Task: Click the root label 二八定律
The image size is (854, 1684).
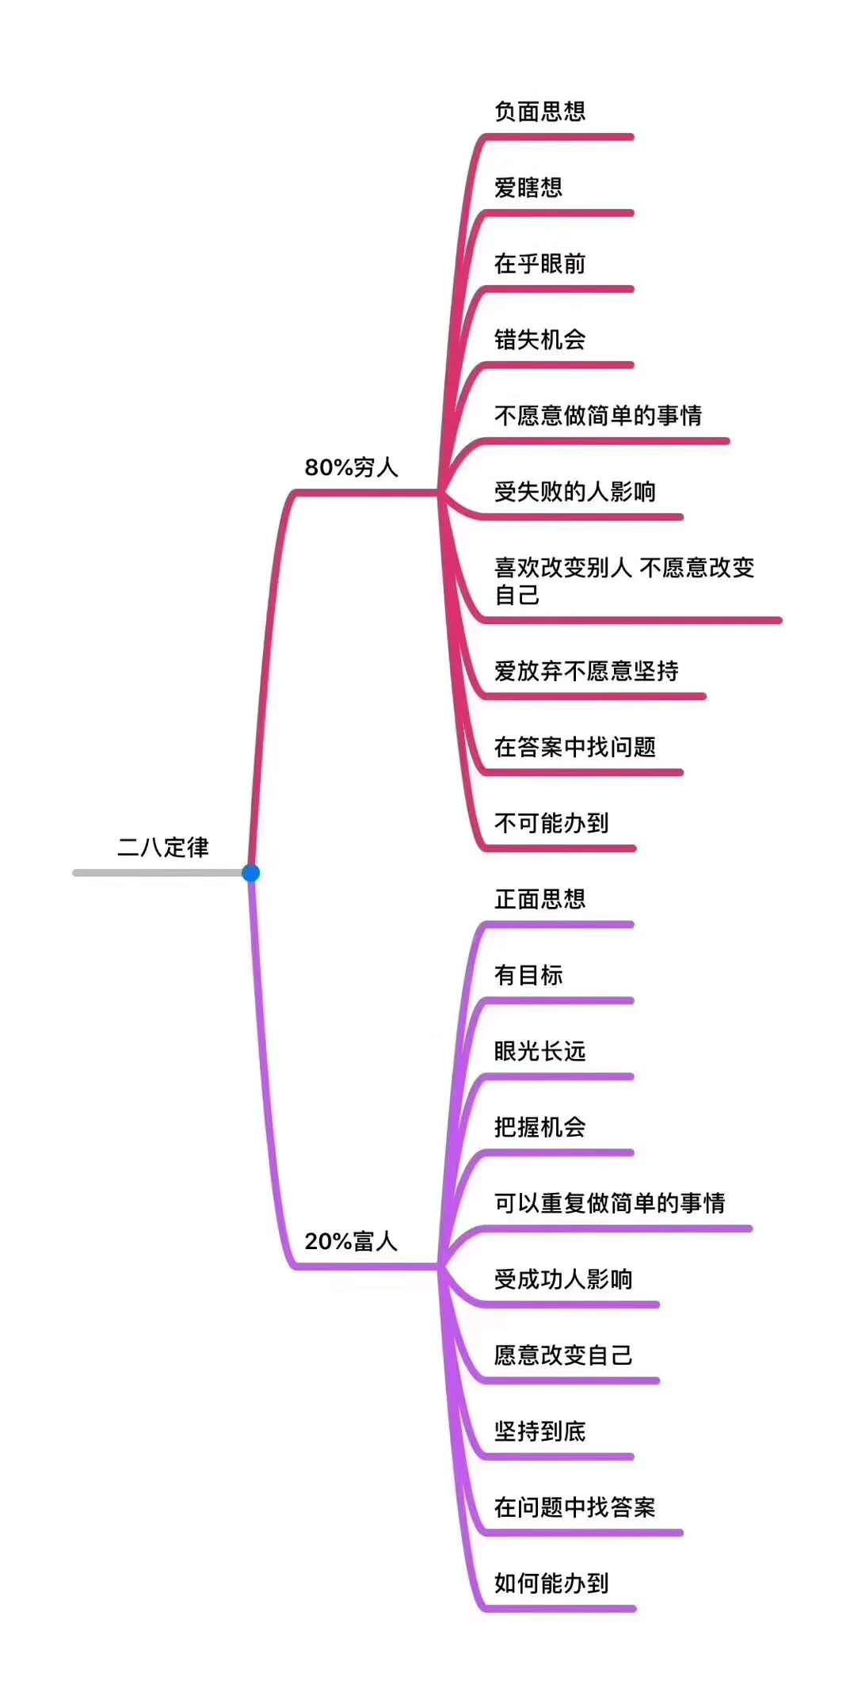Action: tap(163, 848)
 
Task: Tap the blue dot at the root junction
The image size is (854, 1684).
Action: tap(251, 873)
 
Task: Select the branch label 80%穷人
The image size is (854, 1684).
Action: tap(351, 467)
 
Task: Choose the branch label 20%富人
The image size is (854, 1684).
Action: tap(351, 1241)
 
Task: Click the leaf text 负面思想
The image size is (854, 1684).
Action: tap(539, 112)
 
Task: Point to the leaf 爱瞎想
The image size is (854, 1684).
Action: tap(528, 188)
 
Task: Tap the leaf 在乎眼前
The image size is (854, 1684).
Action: tap(539, 264)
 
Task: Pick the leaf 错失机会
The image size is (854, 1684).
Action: tap(539, 340)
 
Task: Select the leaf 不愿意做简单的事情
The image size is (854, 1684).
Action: tap(598, 416)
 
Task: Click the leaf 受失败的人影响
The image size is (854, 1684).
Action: tap(575, 492)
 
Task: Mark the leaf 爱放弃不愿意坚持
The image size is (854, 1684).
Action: tap(586, 672)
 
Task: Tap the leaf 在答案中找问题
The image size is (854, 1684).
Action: tap(575, 747)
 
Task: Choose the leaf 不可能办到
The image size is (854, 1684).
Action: tap(551, 823)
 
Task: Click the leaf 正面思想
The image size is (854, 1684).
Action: tap(539, 899)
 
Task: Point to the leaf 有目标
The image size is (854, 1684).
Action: tap(528, 975)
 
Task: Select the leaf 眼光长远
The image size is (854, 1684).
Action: tap(539, 1051)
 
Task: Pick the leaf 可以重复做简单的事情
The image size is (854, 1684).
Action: tap(610, 1203)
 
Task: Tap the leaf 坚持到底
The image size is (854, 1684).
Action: tap(539, 1431)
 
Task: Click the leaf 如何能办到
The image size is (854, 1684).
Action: tap(551, 1583)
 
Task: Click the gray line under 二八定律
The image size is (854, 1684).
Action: tap(158, 873)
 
